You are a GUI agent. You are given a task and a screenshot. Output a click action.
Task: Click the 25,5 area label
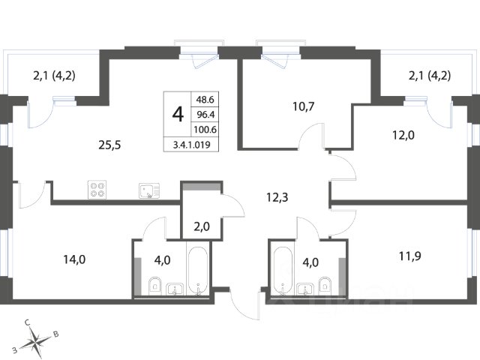109,145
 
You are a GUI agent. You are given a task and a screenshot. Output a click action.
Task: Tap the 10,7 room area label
303,106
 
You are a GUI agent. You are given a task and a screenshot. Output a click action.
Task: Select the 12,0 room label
403,135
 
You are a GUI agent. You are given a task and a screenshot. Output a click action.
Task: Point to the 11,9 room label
410,256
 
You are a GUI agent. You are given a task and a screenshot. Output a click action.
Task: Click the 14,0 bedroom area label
74,259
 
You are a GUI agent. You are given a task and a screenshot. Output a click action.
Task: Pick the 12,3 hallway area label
277,197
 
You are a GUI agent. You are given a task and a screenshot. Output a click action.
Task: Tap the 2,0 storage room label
202,226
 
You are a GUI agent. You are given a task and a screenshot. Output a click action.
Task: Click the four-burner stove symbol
97,190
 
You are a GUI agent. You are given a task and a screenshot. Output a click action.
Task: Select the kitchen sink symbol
149,190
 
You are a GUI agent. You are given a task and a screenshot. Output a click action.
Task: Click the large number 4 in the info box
178,115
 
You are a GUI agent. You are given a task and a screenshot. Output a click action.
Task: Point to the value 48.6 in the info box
205,100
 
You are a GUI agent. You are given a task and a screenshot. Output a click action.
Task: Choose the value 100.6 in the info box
205,130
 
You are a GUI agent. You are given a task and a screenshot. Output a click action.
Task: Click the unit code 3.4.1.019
192,145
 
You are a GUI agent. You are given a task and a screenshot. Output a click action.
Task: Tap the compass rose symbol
36,340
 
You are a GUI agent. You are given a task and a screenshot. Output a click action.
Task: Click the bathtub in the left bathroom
198,271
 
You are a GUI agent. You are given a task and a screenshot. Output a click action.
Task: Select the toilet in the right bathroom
325,286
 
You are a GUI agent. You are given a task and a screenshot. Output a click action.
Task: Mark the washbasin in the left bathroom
175,289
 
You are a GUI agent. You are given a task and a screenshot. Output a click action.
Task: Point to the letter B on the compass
55,334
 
